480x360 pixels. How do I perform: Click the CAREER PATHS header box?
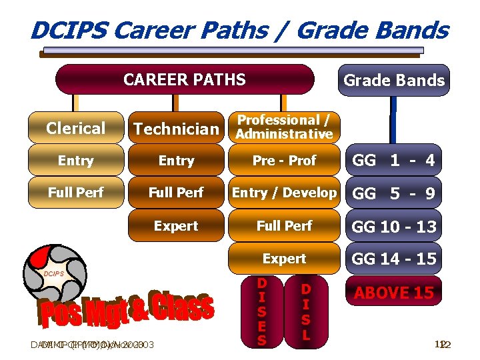point(185,80)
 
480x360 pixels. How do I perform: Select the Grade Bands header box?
point(393,81)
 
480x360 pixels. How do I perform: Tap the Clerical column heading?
point(76,128)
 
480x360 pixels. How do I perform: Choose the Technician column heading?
point(176,129)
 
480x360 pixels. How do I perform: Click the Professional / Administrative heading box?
point(285,127)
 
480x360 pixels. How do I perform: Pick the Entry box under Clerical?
point(76,161)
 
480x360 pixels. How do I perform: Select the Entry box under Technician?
point(176,161)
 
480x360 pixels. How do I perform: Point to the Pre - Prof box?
point(285,161)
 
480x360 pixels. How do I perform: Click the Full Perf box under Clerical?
point(76,193)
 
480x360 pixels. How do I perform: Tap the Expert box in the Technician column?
point(176,226)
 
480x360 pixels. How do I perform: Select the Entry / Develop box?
point(285,193)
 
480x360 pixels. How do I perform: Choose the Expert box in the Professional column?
point(285,259)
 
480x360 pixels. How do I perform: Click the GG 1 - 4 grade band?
point(393,161)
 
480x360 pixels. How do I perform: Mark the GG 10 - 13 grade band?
point(393,227)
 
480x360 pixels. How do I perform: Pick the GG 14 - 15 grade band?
point(393,259)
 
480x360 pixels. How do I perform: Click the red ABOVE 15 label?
point(393,292)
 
